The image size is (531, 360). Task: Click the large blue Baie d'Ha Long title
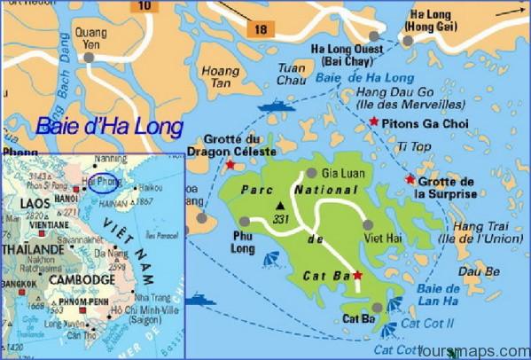pyautogui.click(x=111, y=127)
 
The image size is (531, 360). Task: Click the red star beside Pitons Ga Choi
pyautogui.click(x=374, y=121)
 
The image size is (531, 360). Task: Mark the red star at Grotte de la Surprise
pyautogui.click(x=410, y=179)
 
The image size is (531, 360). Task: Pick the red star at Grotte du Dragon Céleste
pyautogui.click(x=231, y=165)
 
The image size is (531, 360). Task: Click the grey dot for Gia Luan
pyautogui.click(x=310, y=174)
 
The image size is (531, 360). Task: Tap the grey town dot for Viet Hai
pyautogui.click(x=368, y=224)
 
